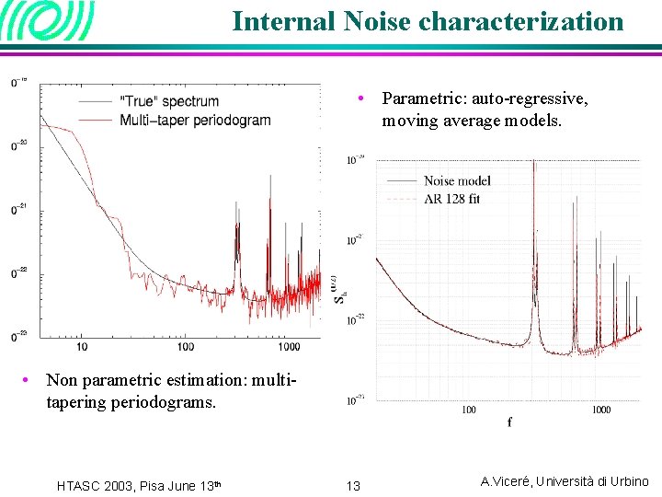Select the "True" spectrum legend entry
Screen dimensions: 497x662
[169, 101]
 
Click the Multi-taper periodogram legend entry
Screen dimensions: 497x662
[195, 120]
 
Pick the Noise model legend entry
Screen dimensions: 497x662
[457, 180]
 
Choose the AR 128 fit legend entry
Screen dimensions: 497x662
[451, 198]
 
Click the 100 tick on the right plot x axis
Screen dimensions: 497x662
[469, 410]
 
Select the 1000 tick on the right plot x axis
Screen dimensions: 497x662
[600, 410]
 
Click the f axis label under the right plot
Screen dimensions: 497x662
[508, 422]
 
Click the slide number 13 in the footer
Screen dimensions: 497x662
[353, 484]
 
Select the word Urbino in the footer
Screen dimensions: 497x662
[629, 481]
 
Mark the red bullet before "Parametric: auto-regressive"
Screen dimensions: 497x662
[364, 98]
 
